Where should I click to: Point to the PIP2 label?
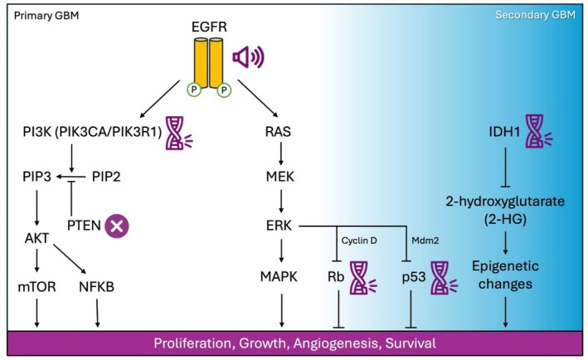coord(109,178)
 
